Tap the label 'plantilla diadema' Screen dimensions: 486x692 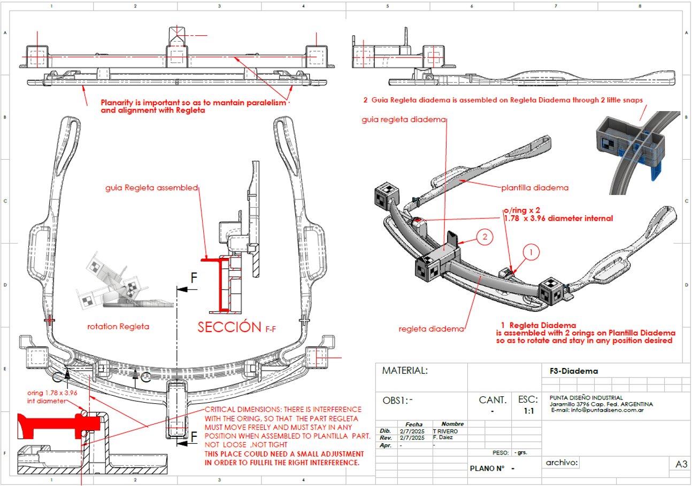534,187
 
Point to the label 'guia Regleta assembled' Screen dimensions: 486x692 152,187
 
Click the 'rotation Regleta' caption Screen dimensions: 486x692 118,326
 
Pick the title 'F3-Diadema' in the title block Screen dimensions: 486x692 573,371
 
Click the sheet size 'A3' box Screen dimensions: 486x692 681,465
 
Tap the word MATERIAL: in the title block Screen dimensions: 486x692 404,370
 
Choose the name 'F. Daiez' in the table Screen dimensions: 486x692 445,437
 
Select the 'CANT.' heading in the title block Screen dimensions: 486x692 492,399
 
